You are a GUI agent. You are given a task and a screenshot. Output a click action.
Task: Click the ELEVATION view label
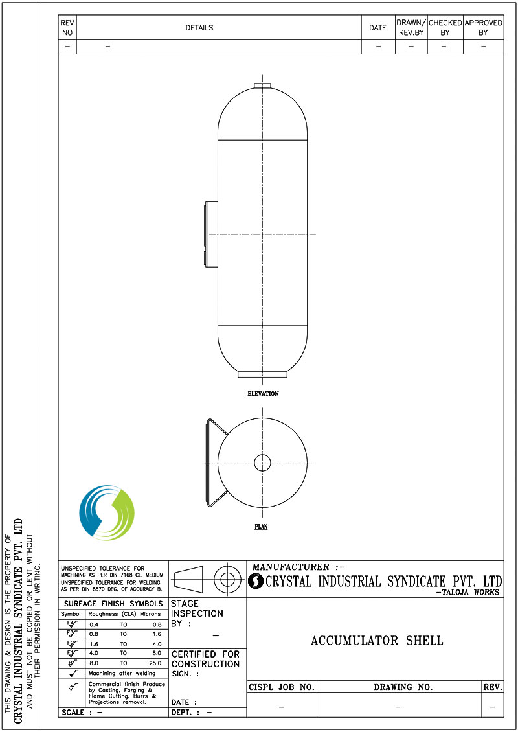tap(263, 394)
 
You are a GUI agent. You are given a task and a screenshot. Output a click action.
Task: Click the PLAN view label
tap(261, 527)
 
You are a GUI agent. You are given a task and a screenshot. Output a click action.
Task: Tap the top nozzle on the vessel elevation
tap(262, 86)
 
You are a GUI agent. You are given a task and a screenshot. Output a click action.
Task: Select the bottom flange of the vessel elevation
tap(262, 374)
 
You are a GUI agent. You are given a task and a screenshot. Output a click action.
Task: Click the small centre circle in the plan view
tap(262, 463)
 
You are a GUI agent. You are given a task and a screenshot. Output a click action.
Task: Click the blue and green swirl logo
tap(106, 512)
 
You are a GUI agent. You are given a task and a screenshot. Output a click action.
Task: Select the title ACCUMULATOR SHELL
tap(377, 641)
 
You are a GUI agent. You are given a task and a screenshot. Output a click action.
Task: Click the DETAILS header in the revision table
tap(199, 28)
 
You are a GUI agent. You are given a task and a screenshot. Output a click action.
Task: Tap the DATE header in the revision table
tap(377, 28)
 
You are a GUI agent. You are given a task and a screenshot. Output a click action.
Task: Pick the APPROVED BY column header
tap(483, 28)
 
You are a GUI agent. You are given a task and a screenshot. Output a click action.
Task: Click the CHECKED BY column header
tap(445, 28)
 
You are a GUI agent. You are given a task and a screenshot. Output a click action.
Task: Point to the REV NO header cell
tap(67, 28)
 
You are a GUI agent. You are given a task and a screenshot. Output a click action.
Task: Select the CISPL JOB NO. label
tap(282, 687)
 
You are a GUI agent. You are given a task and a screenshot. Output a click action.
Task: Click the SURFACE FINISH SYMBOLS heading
tap(113, 604)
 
